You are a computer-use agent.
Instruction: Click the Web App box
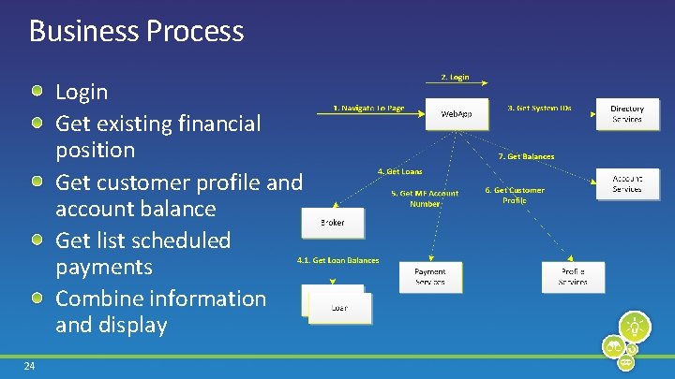[457, 114]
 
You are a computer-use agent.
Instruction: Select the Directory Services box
[627, 114]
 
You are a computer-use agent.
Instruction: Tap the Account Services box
[627, 183]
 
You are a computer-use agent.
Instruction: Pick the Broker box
[332, 223]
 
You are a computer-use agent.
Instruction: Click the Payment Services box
[430, 277]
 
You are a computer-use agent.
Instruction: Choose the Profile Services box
[573, 277]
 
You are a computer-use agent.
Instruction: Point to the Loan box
[338, 306]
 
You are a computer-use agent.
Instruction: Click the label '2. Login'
[455, 77]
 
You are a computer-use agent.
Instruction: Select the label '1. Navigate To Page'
[369, 109]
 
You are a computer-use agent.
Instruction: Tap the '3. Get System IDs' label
[539, 109]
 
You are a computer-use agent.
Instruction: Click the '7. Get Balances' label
[526, 156]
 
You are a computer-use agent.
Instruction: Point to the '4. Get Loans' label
[398, 172]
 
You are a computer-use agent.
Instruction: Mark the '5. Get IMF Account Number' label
[425, 198]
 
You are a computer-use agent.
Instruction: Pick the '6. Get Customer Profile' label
[515, 195]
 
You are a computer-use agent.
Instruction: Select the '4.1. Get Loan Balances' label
[337, 260]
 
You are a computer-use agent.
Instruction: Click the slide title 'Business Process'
[136, 31]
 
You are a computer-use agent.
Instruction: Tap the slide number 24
[30, 366]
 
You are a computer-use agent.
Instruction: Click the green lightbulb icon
[636, 328]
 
